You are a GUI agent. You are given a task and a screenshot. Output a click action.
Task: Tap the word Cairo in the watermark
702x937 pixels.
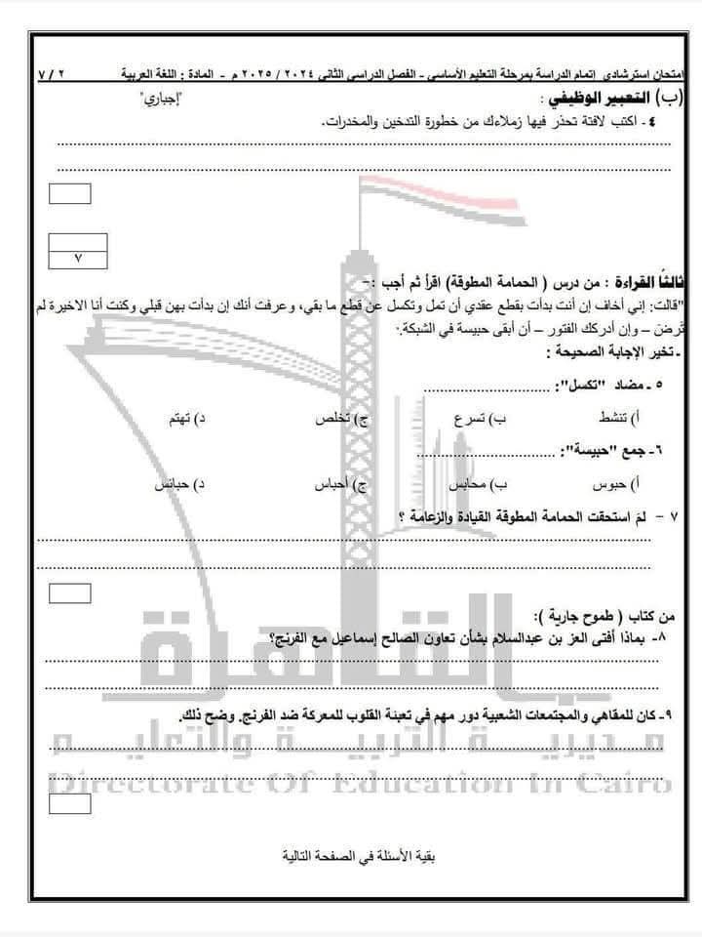pyautogui.click(x=629, y=781)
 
